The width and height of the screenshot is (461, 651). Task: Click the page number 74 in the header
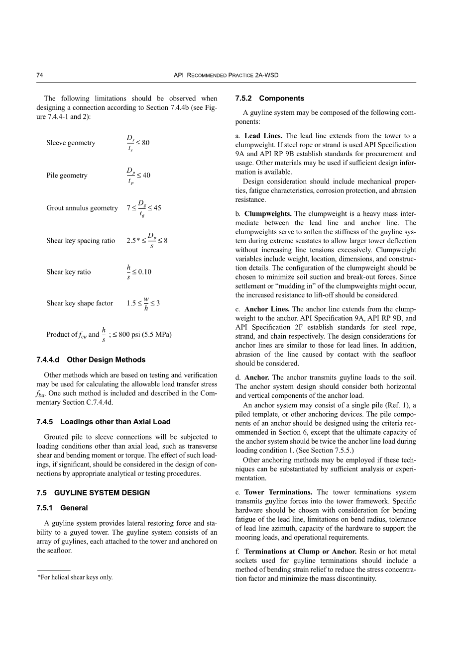tap(39, 75)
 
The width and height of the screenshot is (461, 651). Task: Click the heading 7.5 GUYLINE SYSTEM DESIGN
tap(93, 493)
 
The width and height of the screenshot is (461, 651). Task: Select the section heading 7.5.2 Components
tap(269, 98)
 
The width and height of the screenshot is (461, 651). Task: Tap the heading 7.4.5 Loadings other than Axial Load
tap(103, 422)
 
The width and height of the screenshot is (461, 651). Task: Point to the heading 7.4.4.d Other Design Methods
tap(91, 360)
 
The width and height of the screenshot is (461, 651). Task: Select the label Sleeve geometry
tap(71, 143)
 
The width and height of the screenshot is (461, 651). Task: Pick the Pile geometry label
tap(67, 176)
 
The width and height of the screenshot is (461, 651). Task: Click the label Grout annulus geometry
tap(82, 208)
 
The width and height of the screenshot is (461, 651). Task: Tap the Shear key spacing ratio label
tap(81, 241)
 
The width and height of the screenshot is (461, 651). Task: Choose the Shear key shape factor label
tap(80, 303)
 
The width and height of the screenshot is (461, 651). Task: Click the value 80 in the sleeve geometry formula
tap(145, 143)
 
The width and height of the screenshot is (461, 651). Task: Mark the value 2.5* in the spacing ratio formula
tap(133, 241)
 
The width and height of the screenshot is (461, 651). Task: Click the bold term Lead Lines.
tap(263, 136)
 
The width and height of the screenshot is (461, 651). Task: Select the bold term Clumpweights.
tap(268, 214)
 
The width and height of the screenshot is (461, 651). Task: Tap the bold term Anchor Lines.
tap(267, 309)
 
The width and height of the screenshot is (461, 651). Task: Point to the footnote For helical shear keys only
tap(75, 577)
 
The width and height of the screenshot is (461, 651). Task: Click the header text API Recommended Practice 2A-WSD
tap(226, 75)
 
